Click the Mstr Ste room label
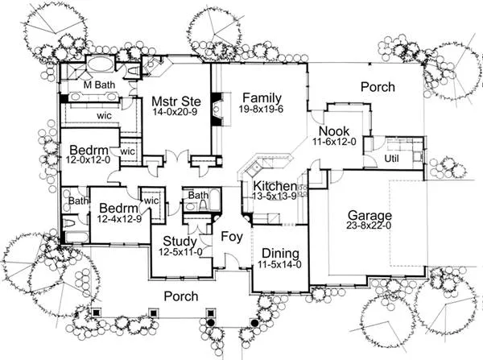tap(176, 101)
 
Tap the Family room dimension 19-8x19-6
tap(261, 109)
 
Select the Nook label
tap(334, 131)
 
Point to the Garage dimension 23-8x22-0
tap(369, 226)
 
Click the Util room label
tap(391, 159)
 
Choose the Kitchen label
tap(275, 186)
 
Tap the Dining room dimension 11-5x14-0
tap(279, 264)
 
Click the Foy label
tap(232, 237)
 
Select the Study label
tap(180, 242)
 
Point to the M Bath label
tap(99, 85)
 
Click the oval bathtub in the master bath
tap(101, 64)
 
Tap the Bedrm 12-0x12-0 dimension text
tap(88, 159)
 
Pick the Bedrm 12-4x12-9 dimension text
tap(119, 219)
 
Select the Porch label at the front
tap(181, 296)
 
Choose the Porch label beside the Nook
tap(378, 87)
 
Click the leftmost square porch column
tap(96, 312)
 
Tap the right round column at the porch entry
tap(254, 323)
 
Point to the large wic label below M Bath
tap(104, 116)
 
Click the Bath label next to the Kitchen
tap(198, 195)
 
